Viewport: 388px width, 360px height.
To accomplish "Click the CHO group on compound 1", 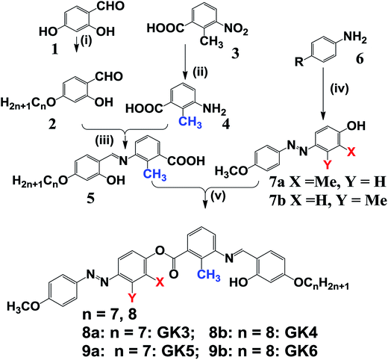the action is (x=110, y=6).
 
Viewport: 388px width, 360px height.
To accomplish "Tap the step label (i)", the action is (x=86, y=41).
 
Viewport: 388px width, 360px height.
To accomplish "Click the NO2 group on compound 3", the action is (x=236, y=29).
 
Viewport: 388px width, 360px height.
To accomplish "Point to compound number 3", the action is (x=234, y=53).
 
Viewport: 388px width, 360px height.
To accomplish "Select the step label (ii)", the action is (x=200, y=72).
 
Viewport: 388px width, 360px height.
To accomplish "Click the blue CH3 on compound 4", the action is (x=190, y=122).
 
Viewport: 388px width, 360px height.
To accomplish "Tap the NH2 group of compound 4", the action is (x=214, y=109).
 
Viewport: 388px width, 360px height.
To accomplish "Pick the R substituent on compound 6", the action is (x=299, y=62).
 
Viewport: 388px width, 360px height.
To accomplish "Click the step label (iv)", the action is (x=339, y=89).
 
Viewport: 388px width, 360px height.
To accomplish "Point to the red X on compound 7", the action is (x=351, y=152).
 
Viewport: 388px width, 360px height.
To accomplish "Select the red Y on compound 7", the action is (x=327, y=164).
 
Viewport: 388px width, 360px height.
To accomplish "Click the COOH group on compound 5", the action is (x=187, y=161).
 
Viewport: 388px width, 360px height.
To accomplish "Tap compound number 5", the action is (x=90, y=198).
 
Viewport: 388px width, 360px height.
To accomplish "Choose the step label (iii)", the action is (x=104, y=141).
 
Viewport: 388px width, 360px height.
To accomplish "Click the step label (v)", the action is (x=218, y=196).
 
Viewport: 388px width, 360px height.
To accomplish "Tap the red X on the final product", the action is (x=160, y=282).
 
